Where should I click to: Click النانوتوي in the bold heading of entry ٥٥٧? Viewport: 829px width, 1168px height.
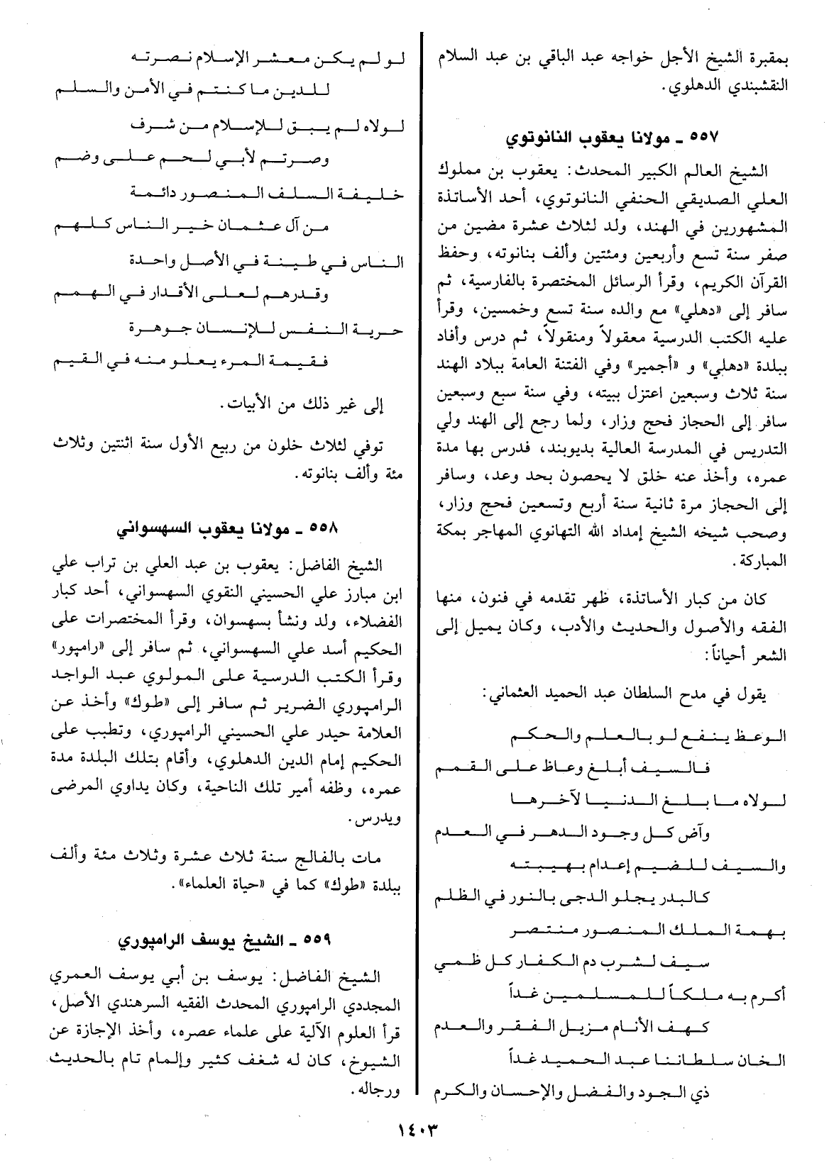coord(540,138)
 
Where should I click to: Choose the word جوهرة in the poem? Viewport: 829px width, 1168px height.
coord(163,329)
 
